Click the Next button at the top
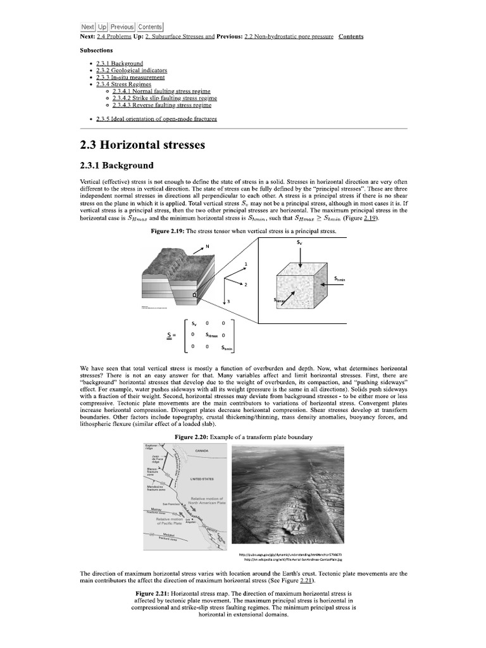coord(87,27)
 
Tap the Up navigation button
coord(102,27)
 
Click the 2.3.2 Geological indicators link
coord(132,70)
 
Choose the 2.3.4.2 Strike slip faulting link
coord(165,98)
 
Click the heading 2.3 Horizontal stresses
coord(143,144)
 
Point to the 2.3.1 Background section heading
coord(117,166)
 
